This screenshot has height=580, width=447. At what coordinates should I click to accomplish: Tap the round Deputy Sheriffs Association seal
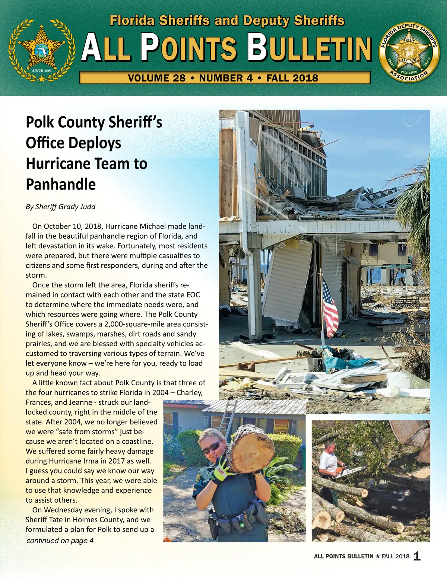point(409,52)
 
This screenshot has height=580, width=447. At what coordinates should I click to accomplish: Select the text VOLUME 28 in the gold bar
point(156,78)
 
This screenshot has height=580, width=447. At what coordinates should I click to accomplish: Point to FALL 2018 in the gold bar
point(292,78)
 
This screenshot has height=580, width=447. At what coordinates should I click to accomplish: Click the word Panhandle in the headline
point(61,184)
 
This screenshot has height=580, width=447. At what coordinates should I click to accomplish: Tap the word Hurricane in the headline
point(58,164)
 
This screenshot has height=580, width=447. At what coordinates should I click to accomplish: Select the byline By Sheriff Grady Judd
point(60,207)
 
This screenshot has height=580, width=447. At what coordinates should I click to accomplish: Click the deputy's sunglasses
point(211,447)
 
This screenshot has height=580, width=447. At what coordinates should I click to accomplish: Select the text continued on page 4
point(60,541)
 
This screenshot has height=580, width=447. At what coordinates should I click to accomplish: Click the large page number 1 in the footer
point(417,556)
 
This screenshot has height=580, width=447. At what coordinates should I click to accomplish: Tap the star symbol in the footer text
point(377,557)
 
